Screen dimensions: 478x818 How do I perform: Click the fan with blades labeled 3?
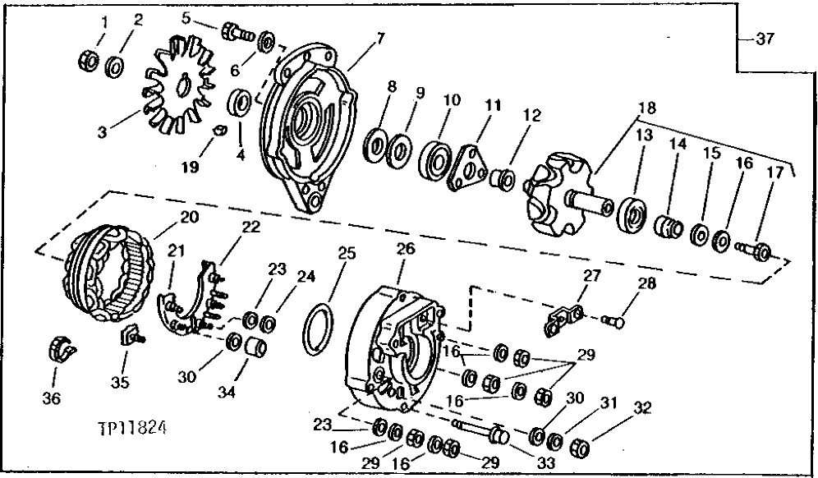point(175,90)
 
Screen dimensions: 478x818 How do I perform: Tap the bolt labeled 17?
point(753,249)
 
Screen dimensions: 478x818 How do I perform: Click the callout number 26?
point(406,248)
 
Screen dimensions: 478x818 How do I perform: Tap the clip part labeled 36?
point(57,347)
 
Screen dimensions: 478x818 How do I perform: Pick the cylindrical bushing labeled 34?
point(257,348)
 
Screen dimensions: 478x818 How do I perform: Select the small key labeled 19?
point(218,130)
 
